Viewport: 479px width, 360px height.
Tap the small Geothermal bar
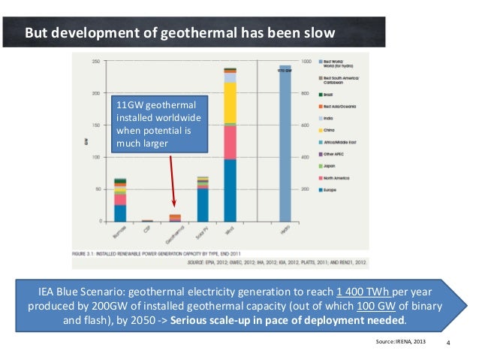[175, 218]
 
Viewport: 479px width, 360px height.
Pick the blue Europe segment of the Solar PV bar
[203, 205]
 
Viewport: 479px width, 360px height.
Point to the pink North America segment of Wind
[230, 142]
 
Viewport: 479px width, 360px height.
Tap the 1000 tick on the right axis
[306, 61]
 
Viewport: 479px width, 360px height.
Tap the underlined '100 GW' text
[375, 306]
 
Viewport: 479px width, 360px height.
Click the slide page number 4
[448, 343]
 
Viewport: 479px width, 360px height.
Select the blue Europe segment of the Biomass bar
[120, 213]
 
